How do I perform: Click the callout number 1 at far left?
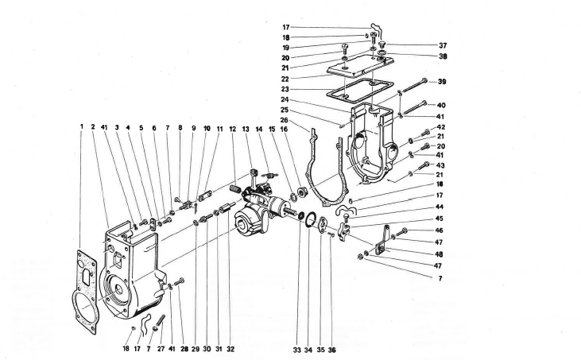(81, 127)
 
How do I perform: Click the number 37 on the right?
(442, 45)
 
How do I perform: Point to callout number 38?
(442, 57)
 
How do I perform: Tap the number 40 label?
(442, 105)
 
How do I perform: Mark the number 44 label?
(440, 207)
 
